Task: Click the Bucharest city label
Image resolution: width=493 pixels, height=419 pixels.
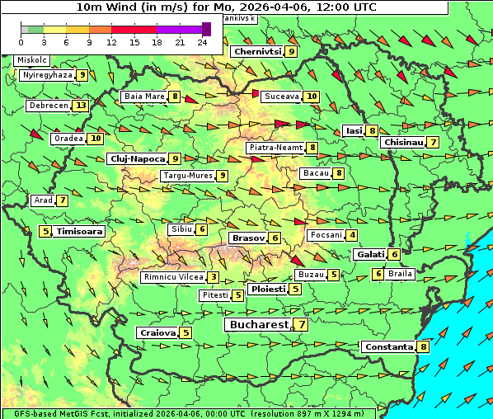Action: [257, 325]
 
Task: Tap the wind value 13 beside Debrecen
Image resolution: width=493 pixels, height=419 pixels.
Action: [80, 106]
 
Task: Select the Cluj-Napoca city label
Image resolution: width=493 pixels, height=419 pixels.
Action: [137, 158]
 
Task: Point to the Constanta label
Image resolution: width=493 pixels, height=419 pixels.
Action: [388, 347]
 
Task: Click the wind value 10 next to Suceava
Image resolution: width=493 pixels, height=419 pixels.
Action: [312, 97]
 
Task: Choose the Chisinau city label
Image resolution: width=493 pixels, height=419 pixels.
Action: [403, 143]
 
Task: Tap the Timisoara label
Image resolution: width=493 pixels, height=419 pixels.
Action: [80, 232]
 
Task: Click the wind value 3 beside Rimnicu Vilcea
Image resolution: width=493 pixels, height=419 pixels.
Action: [214, 277]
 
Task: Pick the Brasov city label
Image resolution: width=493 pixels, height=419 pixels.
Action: [247, 238]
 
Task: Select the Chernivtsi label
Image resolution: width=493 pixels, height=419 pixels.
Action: [257, 51]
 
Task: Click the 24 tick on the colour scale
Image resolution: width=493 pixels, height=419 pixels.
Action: [202, 41]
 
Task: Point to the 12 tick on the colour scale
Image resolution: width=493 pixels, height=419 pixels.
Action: [111, 41]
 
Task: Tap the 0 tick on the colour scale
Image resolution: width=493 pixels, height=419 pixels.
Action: [21, 41]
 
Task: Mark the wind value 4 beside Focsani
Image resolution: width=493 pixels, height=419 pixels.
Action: [353, 235]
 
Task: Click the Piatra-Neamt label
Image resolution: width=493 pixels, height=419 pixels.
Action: [275, 148]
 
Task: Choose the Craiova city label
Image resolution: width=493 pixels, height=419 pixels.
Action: [157, 333]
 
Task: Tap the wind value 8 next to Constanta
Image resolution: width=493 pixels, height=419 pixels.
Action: [424, 347]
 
